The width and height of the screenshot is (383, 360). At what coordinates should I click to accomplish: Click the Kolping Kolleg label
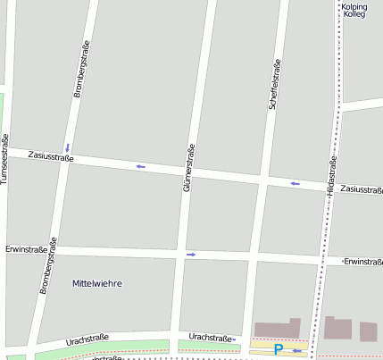354,11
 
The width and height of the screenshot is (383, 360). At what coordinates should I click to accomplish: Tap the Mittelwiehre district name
96,283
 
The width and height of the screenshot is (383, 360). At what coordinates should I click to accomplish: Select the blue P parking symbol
278,349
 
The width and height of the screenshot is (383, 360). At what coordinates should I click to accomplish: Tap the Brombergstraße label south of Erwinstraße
48,265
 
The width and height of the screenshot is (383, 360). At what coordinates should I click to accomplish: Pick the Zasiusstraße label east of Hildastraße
361,189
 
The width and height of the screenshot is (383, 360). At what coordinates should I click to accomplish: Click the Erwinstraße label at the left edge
26,249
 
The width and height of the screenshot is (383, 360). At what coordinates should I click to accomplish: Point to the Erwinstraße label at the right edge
362,261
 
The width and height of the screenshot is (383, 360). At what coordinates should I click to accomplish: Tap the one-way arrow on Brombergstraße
67,147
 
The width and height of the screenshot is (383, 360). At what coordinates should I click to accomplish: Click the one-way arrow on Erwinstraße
190,255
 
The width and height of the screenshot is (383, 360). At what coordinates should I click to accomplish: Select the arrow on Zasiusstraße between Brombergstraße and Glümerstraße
140,166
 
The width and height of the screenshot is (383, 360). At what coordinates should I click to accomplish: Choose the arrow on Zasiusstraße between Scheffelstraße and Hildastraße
295,184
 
